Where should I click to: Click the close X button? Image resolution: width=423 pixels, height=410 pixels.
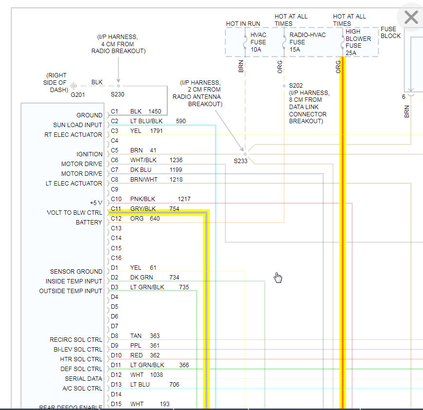point(411,18)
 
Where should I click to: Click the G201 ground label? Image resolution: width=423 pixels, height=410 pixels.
point(77,94)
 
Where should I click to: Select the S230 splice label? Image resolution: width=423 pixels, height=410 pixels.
point(118,94)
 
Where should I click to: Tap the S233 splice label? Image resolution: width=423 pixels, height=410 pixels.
point(241,161)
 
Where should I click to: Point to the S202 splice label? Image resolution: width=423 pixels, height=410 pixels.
point(296,85)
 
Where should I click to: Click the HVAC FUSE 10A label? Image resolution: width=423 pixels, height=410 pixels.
point(259,42)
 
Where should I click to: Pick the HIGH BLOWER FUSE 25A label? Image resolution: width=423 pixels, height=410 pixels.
point(358,42)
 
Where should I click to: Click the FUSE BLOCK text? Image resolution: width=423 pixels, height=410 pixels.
point(391,32)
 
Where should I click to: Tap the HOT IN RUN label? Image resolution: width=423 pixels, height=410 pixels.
point(243,24)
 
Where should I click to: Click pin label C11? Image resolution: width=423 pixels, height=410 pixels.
point(116,209)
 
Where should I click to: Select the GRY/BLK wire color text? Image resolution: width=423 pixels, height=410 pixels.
point(143,209)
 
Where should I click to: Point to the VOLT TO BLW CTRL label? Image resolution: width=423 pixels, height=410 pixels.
point(74,213)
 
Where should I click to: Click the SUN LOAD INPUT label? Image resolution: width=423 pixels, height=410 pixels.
point(78,125)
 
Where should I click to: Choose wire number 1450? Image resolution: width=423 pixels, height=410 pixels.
point(155,112)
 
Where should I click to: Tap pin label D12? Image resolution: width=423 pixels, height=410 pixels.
point(115,375)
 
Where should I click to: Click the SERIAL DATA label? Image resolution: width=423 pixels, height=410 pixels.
point(84,378)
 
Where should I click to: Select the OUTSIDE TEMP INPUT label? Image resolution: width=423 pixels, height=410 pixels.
point(71,291)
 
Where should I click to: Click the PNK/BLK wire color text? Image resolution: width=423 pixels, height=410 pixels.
point(143,199)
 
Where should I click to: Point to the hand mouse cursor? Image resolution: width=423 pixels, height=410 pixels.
point(278,277)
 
